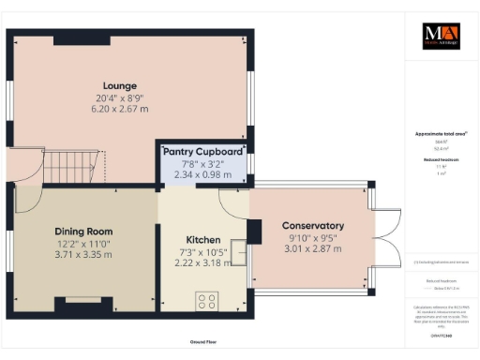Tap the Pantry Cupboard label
pyautogui.click(x=203, y=150)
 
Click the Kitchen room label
pyautogui.click(x=202, y=240)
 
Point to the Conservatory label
pyautogui.click(x=313, y=226)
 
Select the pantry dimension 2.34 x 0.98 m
pyautogui.click(x=203, y=173)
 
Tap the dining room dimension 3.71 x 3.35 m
pyautogui.click(x=83, y=254)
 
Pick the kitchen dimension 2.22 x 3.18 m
pyautogui.click(x=202, y=263)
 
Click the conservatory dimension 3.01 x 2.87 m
pyautogui.click(x=313, y=249)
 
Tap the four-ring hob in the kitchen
pyautogui.click(x=206, y=301)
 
